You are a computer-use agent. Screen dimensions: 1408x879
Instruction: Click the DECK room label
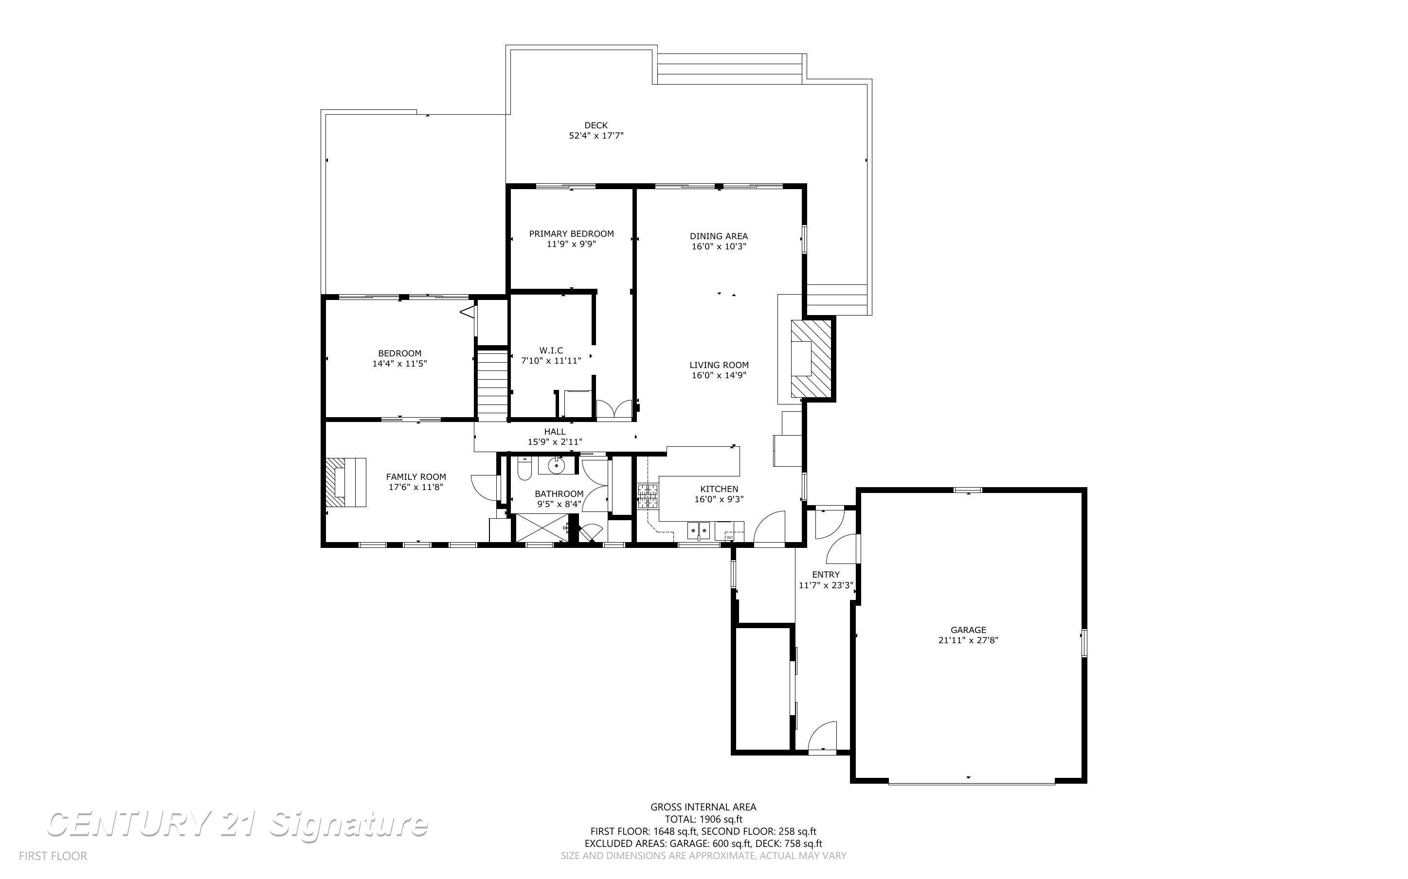point(596,125)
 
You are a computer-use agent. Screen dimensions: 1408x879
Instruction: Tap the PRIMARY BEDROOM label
point(571,234)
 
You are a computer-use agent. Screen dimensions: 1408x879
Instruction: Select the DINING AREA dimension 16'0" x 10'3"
point(719,246)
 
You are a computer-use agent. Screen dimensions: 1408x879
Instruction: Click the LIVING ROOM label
point(719,365)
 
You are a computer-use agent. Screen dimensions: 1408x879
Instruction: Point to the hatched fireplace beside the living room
point(812,359)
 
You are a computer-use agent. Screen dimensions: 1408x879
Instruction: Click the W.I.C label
point(551,351)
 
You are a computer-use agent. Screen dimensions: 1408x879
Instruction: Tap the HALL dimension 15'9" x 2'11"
point(555,442)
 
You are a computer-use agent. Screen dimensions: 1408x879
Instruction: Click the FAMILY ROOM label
point(416,477)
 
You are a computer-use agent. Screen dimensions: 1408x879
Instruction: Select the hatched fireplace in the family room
point(345,482)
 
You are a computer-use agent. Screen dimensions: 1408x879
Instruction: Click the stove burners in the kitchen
point(647,496)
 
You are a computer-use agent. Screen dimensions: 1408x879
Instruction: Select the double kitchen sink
point(699,530)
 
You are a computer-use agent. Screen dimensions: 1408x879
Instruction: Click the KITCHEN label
point(719,489)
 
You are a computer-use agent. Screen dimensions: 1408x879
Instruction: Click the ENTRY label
point(826,574)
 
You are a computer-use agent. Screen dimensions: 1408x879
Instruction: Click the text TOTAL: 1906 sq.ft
point(704,819)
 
